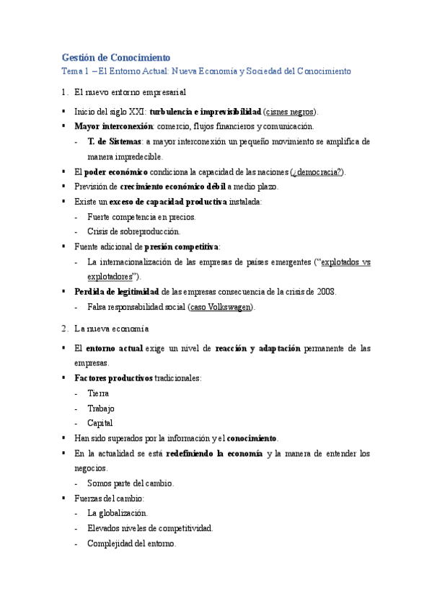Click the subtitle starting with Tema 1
(206, 71)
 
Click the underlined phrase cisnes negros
(290, 112)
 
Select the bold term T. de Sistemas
(114, 141)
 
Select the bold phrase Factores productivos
(113, 378)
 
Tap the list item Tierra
(98, 393)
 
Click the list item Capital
(100, 423)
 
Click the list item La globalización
(117, 513)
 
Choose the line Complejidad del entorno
(131, 543)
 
